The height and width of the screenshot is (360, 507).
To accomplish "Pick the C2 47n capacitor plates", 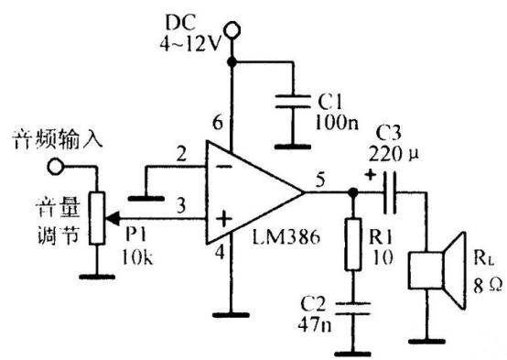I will tap(354, 306).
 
